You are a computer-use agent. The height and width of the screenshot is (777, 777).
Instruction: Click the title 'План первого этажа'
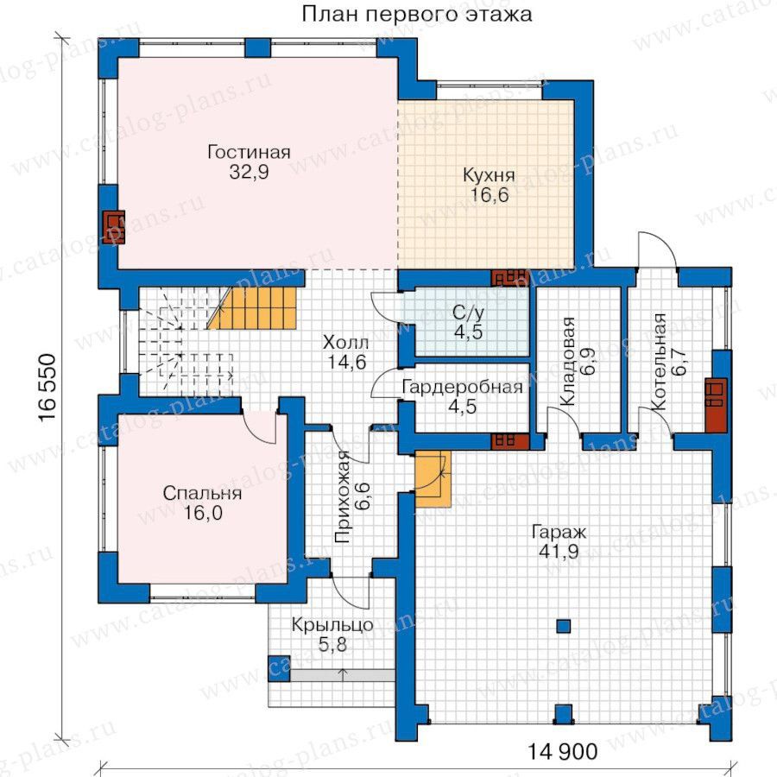[417, 14]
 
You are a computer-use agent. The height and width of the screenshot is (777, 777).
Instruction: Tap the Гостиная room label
[249, 152]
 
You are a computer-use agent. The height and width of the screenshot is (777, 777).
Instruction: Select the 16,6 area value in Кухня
[490, 195]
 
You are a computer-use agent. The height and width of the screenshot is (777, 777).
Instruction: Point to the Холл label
[345, 343]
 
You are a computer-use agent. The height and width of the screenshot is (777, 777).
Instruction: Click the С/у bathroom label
[468, 313]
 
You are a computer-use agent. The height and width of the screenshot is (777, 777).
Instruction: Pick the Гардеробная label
[462, 387]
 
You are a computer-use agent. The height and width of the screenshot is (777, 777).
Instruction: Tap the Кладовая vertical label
[568, 361]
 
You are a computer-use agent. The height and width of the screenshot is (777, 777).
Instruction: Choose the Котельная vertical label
[659, 361]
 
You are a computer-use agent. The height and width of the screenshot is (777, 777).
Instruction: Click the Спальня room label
[202, 494]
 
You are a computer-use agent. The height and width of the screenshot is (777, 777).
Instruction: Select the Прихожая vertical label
[342, 497]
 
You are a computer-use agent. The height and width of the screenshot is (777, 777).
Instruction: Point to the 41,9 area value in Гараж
[559, 551]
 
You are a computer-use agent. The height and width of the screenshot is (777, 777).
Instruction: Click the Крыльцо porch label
[332, 625]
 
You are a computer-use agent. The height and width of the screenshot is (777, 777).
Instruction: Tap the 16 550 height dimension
[47, 388]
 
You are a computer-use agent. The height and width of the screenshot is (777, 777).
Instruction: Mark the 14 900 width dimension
[562, 752]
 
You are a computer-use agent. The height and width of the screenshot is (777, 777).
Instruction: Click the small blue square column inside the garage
[563, 627]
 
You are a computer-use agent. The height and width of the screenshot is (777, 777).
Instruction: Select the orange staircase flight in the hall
[253, 308]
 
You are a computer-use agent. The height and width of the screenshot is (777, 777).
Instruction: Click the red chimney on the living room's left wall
[113, 227]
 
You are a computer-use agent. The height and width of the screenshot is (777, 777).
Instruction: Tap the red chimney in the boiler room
[716, 406]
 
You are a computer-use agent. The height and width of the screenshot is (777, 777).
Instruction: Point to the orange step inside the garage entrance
[433, 478]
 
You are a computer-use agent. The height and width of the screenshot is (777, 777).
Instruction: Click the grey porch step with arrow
[342, 675]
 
